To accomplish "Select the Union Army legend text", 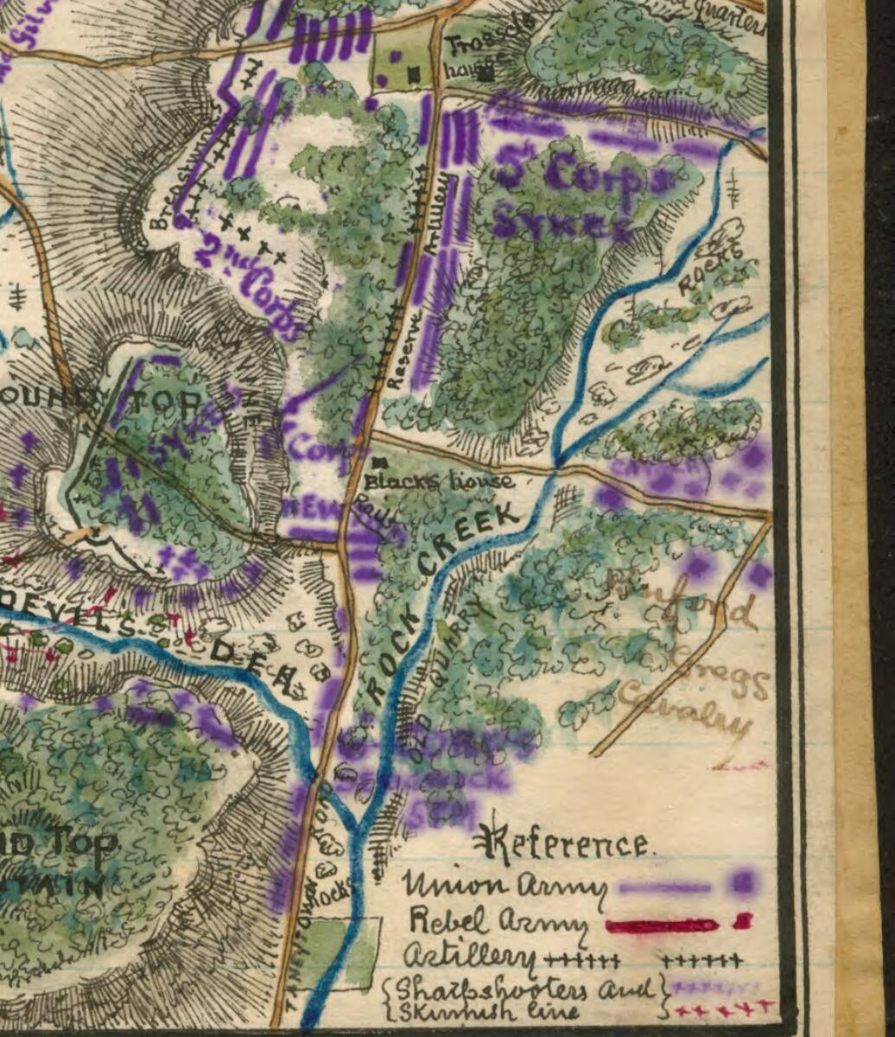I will click(x=503, y=885).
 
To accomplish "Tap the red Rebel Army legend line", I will click(x=662, y=926).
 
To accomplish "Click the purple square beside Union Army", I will click(x=742, y=883).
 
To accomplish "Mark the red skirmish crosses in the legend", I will click(x=722, y=1008).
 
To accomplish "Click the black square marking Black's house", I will click(x=378, y=464).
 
